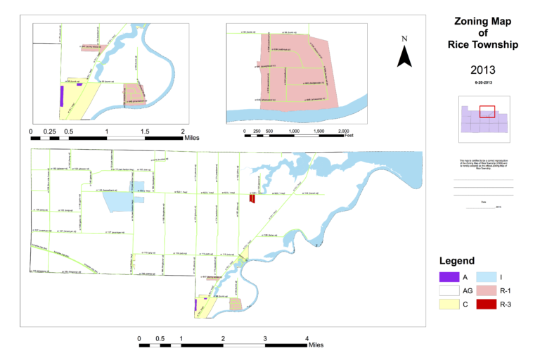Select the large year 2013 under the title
pos(482,70)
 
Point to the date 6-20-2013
pos(482,83)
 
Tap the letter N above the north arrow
pos(404,39)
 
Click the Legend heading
pos(456,260)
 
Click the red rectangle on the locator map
pos(487,112)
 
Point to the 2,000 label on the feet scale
pos(344,131)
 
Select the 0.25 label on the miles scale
pos(50,131)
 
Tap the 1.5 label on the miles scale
pos(145,131)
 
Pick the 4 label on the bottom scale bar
pos(307,337)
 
